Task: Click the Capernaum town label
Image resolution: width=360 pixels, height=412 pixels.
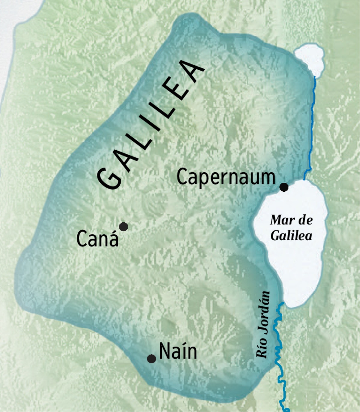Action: point(226,177)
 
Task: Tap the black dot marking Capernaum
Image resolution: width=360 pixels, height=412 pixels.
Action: point(284,187)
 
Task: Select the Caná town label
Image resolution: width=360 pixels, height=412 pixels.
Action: point(97,239)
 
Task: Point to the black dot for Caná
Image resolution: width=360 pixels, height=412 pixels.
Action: point(123,227)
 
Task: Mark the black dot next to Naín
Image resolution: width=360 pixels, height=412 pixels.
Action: point(151,359)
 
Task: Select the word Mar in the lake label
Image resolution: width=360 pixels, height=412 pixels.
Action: point(281,220)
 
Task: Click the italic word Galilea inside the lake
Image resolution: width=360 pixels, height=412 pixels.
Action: point(291,236)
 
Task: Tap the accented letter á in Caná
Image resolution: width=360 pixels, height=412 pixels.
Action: point(113,239)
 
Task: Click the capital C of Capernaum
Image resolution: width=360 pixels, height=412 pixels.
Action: point(182,177)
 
